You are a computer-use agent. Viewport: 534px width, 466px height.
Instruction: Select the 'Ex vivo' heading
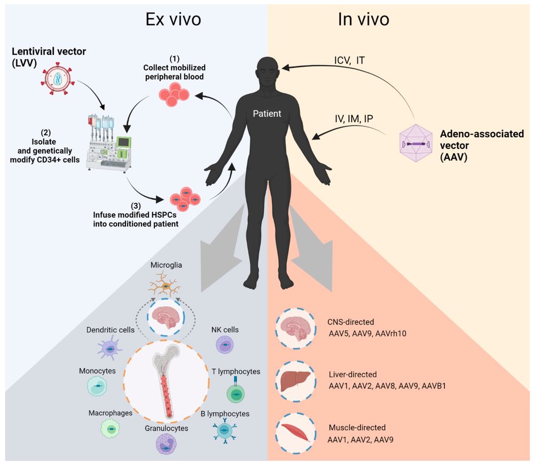pyautogui.click(x=174, y=20)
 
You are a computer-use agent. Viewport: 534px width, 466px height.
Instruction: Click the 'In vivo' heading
pyautogui.click(x=363, y=20)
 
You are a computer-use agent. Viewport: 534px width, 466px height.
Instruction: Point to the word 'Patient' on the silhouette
pyautogui.click(x=266, y=114)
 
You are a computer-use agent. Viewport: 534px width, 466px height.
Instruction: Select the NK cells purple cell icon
pyautogui.click(x=224, y=346)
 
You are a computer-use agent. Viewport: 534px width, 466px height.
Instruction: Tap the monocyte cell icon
pyautogui.click(x=100, y=388)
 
